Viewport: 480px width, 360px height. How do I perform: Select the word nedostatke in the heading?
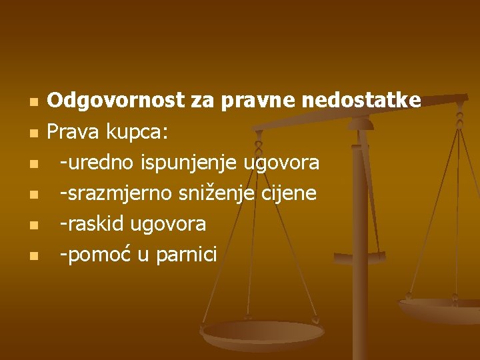point(361,101)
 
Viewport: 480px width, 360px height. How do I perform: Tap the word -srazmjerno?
point(116,194)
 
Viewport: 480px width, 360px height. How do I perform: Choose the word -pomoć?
point(95,255)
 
